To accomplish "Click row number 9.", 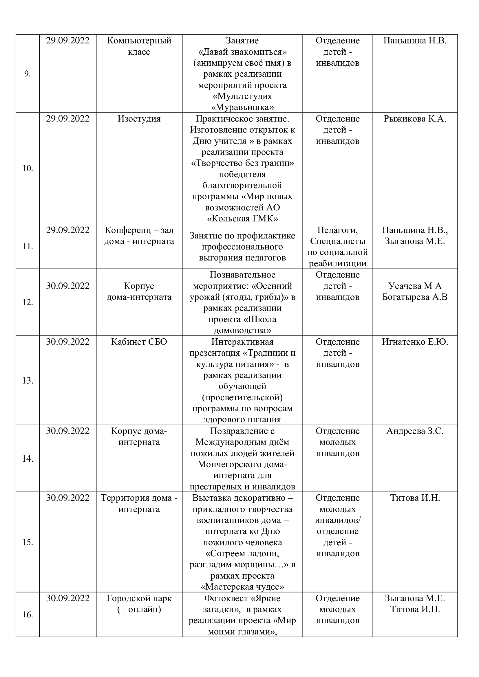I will pyautogui.click(x=28, y=74).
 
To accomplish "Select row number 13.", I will pyautogui.click(x=28, y=381).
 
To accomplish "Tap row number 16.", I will pyautogui.click(x=28, y=615).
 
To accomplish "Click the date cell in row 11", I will pyautogui.click(x=67, y=230).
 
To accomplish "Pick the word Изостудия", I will pyautogui.click(x=139, y=119).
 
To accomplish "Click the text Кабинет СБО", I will pyautogui.click(x=139, y=342).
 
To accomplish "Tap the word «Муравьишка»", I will pyautogui.click(x=242, y=107).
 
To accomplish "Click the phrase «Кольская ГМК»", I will pyautogui.click(x=242, y=219).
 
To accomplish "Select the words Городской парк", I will pyautogui.click(x=139, y=599).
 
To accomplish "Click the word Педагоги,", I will pyautogui.click(x=337, y=230).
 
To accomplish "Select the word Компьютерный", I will pyautogui.click(x=139, y=41).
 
